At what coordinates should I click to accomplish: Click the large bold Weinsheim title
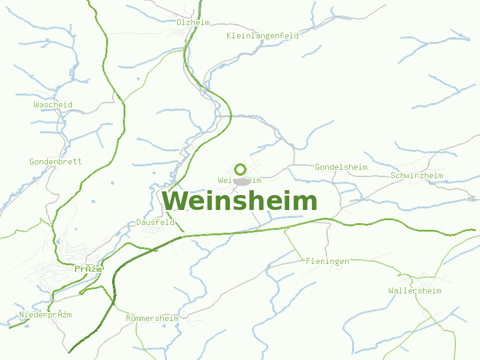239,201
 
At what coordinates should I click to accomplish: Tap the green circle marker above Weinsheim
241,169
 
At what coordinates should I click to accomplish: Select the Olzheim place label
193,22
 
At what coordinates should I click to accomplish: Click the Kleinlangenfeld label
263,36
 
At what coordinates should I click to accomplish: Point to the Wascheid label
53,104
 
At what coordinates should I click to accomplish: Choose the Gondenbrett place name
56,161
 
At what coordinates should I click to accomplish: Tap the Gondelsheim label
341,167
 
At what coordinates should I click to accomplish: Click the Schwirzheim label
416,176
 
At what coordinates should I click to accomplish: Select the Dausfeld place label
155,223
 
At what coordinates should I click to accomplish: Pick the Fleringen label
327,262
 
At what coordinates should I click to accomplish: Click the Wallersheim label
415,291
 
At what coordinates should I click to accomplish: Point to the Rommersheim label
152,318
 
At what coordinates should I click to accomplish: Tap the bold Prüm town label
88,269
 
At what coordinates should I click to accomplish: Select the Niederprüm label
46,315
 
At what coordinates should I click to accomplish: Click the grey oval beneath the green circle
242,181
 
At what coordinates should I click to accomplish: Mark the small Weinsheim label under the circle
239,180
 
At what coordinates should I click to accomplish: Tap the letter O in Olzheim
179,22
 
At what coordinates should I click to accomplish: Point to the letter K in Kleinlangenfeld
230,36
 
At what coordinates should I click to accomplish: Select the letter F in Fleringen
308,262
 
